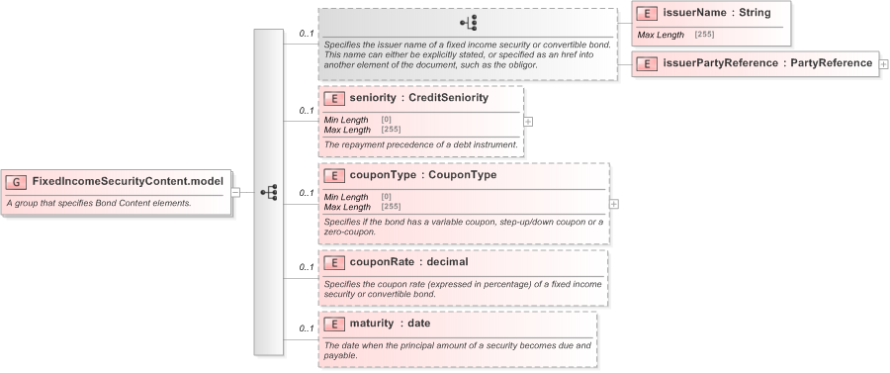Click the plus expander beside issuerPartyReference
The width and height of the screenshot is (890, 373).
point(883,63)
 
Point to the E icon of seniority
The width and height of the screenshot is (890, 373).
point(334,98)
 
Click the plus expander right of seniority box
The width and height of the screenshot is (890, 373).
point(528,122)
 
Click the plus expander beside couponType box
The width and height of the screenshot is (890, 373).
point(614,203)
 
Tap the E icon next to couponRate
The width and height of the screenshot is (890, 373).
point(334,262)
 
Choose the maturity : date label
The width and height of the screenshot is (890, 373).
point(390,324)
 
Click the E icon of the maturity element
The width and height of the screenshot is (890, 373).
point(334,324)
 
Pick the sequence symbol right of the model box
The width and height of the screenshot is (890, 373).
point(268,192)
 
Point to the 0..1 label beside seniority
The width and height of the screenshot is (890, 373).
point(307,111)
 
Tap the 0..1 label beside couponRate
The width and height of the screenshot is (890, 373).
point(307,267)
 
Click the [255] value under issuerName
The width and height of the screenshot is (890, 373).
point(704,35)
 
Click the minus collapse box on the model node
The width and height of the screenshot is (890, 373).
point(235,192)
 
